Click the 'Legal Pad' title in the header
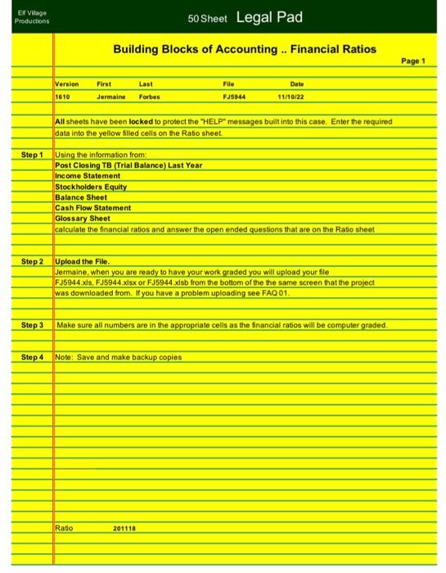tap(270, 17)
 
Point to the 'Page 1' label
tap(420, 61)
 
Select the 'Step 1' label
tap(31, 155)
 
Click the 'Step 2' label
tap(31, 261)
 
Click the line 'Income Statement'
tap(86, 176)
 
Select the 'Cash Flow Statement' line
tap(92, 208)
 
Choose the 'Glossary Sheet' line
tap(82, 219)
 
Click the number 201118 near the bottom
tap(125, 528)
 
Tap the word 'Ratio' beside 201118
tap(64, 528)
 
